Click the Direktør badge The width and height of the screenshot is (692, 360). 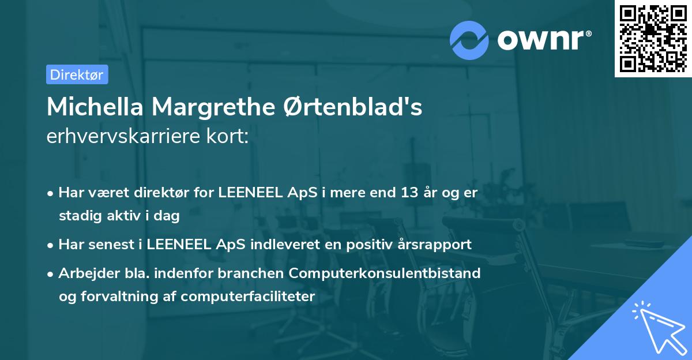click(77, 74)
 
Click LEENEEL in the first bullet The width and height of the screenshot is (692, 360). click(250, 193)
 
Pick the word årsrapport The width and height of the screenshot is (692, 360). click(436, 244)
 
